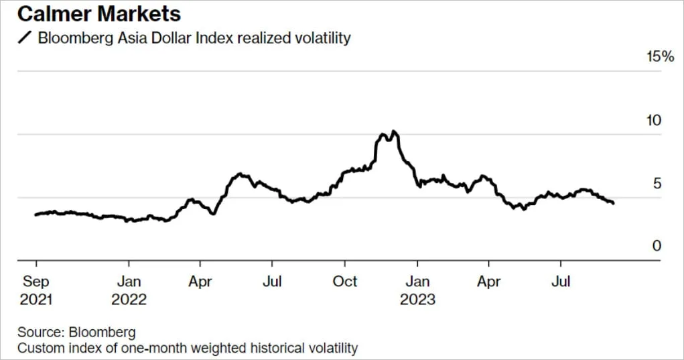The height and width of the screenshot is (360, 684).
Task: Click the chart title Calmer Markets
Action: click(x=99, y=13)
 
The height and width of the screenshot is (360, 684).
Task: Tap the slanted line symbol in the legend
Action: click(x=25, y=38)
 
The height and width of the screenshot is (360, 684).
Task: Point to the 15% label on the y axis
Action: click(x=660, y=56)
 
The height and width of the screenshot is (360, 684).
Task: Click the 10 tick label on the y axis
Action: click(x=654, y=120)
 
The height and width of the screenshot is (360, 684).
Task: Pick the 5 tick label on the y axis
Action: click(x=657, y=183)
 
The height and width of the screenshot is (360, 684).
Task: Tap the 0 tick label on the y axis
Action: click(x=657, y=246)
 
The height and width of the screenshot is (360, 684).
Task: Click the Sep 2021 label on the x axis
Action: click(x=36, y=290)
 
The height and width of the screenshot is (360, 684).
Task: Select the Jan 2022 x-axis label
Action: click(x=129, y=290)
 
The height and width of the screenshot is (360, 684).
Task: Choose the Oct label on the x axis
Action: click(x=344, y=282)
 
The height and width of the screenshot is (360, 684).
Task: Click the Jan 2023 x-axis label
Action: click(x=417, y=290)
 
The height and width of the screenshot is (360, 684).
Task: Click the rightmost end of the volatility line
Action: click(x=614, y=203)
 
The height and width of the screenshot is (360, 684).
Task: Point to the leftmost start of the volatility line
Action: click(x=36, y=215)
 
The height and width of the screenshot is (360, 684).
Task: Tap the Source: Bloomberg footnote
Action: click(x=76, y=332)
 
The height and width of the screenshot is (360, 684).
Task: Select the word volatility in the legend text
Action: click(x=323, y=38)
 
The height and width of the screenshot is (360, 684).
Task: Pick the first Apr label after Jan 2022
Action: click(x=200, y=282)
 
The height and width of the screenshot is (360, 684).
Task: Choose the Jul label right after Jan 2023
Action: click(x=561, y=282)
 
